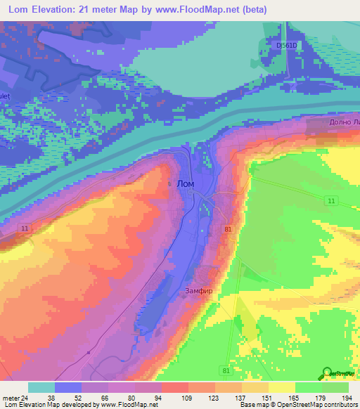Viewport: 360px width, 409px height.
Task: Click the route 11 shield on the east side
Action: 329,201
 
